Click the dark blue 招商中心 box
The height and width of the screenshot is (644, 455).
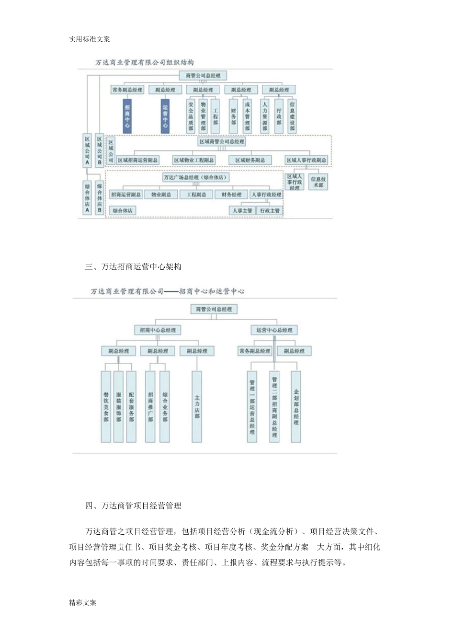[127, 115]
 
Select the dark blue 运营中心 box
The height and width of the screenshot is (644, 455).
[165, 115]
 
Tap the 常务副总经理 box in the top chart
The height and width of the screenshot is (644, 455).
[127, 90]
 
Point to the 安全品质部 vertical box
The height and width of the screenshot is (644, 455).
[191, 115]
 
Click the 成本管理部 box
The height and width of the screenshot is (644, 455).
[247, 115]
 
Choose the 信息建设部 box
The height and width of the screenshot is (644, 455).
[292, 115]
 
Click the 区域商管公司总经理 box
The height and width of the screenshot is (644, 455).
[221, 142]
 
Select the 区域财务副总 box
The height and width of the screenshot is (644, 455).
[250, 160]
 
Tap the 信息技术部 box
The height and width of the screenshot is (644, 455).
[318, 182]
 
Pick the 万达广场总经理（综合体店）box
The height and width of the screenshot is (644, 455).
[195, 177]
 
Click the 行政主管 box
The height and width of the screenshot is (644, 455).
[270, 210]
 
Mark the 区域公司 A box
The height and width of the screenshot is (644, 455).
[87, 149]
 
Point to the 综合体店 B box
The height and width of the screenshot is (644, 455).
[100, 197]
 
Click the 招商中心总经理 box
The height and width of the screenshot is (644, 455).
[158, 330]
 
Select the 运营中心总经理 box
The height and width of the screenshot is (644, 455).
[274, 330]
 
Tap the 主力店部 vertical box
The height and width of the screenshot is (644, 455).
[197, 406]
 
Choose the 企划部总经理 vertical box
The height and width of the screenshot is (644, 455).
[296, 406]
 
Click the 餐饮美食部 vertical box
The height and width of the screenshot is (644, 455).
[106, 406]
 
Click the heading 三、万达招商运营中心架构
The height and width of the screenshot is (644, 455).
[133, 267]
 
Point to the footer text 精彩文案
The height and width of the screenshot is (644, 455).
[82, 602]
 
